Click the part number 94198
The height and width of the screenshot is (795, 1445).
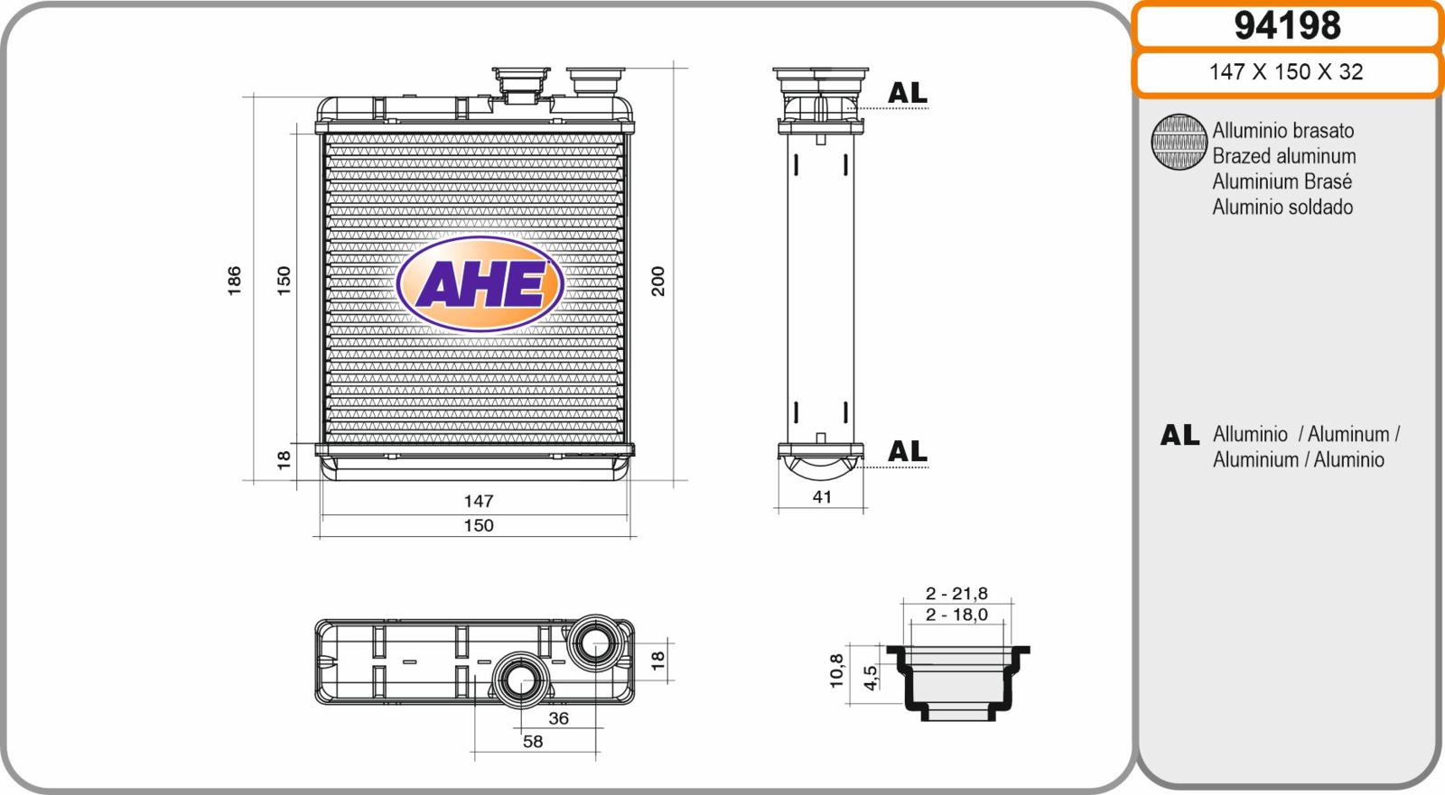(x=1287, y=26)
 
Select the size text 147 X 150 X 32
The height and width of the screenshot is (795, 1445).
(x=1286, y=71)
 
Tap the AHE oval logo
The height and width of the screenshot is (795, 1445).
(x=480, y=283)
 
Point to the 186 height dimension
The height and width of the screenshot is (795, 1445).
(x=234, y=281)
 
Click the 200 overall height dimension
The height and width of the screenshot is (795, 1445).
(x=657, y=281)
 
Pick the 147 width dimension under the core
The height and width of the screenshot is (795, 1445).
(x=479, y=501)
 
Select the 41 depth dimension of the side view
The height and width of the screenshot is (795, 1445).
(x=821, y=497)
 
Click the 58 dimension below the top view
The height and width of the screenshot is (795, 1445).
(x=533, y=742)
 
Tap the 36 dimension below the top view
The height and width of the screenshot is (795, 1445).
(x=559, y=718)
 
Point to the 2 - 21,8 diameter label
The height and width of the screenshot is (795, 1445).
(x=956, y=593)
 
